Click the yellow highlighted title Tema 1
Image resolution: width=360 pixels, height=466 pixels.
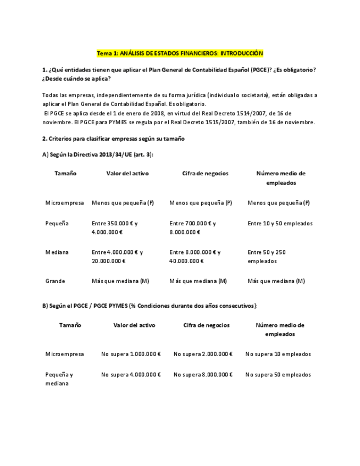(x=180, y=53)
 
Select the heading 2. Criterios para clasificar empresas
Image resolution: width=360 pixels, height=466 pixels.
(x=113, y=138)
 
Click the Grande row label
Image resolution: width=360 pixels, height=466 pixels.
(x=55, y=281)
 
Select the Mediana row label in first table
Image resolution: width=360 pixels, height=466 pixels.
(x=57, y=252)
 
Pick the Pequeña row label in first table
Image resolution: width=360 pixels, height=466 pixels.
(x=57, y=224)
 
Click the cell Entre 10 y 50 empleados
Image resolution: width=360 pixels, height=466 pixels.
(x=280, y=224)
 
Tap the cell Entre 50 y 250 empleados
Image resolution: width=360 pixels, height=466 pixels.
(x=267, y=257)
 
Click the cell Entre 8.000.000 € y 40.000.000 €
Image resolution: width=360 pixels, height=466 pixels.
(x=195, y=257)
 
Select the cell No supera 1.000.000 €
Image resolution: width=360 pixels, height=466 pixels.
(x=131, y=354)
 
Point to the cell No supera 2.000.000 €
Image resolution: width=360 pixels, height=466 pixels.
(x=203, y=354)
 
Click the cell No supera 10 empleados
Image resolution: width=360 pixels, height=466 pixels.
(x=278, y=354)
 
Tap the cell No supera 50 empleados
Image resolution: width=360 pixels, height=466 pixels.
(x=278, y=375)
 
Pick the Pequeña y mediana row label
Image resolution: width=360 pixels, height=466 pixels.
(x=59, y=379)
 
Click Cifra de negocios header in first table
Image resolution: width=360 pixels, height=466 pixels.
(x=205, y=173)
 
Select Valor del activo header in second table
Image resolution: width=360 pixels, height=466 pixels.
(x=134, y=325)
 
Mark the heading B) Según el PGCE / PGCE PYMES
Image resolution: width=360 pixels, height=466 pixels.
(x=149, y=305)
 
